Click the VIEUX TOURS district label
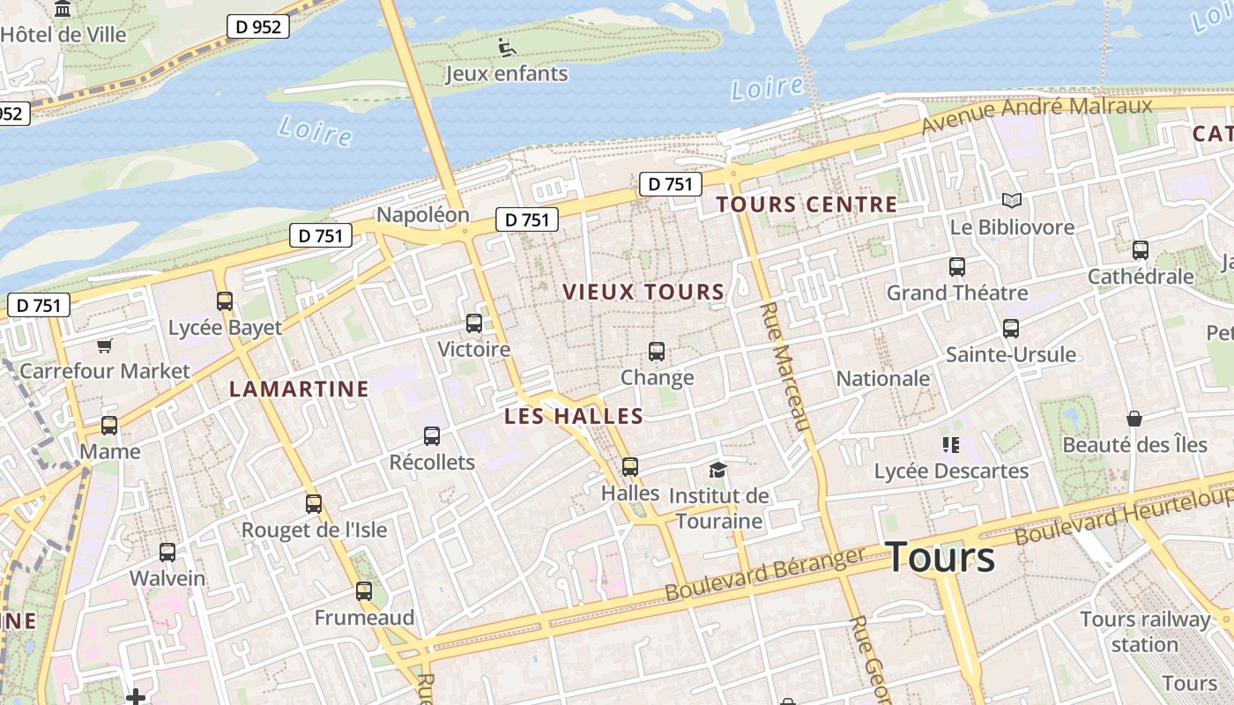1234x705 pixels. tap(643, 292)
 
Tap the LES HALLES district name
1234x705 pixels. tap(574, 416)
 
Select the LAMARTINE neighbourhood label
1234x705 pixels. tap(299, 389)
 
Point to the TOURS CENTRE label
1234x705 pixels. tap(807, 205)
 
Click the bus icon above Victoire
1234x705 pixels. tap(474, 323)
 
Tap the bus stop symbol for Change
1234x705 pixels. tap(657, 352)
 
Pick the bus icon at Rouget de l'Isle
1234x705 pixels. tap(314, 504)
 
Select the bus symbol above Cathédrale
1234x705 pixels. tap(1140, 250)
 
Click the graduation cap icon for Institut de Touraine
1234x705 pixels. tap(717, 470)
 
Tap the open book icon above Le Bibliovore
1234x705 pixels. tap(1011, 201)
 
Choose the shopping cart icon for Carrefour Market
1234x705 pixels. tap(105, 345)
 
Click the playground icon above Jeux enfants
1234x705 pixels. tap(506, 47)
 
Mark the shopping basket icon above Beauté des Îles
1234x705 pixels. tap(1134, 419)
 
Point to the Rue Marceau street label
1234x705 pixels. tap(784, 367)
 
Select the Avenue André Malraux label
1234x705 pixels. tap(1037, 115)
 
